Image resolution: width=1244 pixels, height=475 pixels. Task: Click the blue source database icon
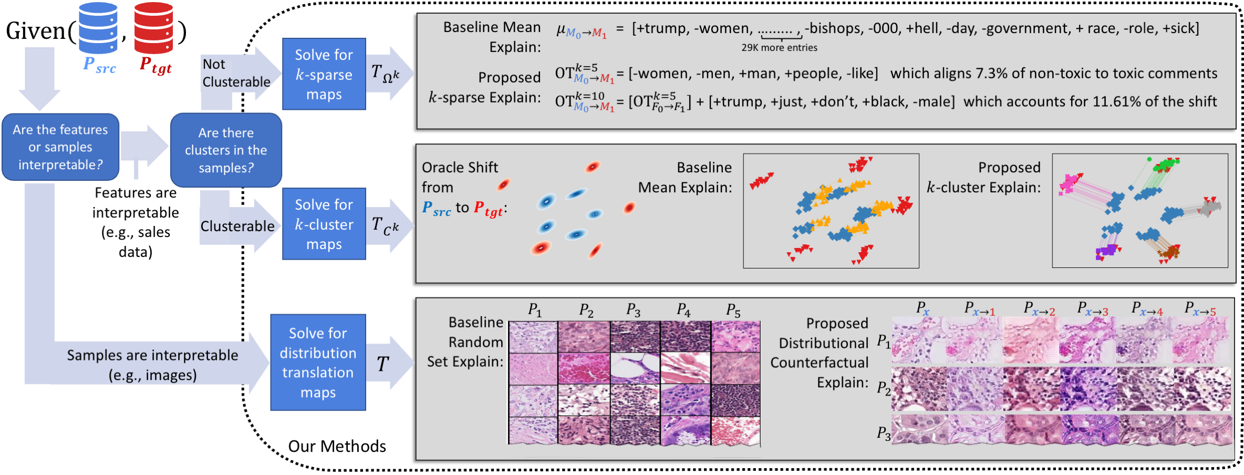click(x=98, y=28)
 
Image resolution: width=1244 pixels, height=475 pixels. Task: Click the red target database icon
click(x=153, y=28)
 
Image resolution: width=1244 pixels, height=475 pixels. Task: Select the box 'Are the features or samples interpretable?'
click(x=60, y=147)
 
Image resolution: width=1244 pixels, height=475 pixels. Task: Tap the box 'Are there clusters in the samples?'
click(x=226, y=150)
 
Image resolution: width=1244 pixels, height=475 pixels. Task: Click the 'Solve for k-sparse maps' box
click(x=324, y=74)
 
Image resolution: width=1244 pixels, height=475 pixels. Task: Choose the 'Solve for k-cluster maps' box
click(x=324, y=224)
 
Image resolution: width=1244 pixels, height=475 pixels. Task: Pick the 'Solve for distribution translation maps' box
click(x=318, y=363)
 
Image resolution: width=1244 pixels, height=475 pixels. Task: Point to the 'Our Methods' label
click(x=337, y=446)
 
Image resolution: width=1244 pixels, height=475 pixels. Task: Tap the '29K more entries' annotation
click(x=779, y=48)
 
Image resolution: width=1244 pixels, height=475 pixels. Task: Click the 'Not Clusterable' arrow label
click(x=236, y=73)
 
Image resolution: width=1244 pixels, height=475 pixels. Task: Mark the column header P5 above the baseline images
click(x=733, y=311)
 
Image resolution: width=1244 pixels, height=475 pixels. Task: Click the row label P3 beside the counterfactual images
click(x=884, y=433)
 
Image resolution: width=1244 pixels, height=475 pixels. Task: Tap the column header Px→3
click(x=1093, y=309)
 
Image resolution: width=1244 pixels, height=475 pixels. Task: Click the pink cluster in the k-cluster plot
click(x=1070, y=184)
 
